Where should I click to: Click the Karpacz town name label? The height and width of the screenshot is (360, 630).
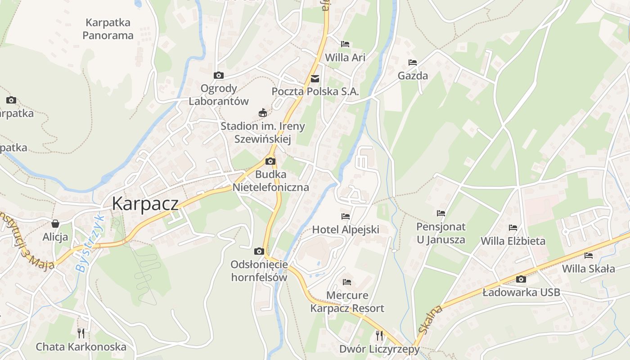pyautogui.click(x=145, y=203)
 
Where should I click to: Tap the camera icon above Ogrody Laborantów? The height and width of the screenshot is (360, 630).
pyautogui.click(x=219, y=75)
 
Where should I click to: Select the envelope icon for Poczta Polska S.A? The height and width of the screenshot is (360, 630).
pyautogui.click(x=315, y=79)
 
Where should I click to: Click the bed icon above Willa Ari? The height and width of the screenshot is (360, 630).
pyautogui.click(x=345, y=44)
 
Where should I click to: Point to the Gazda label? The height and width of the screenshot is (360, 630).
pyautogui.click(x=413, y=76)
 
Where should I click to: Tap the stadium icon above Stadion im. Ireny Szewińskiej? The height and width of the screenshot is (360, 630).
pyautogui.click(x=263, y=113)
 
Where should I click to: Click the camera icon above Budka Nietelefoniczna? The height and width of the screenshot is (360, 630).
pyautogui.click(x=270, y=162)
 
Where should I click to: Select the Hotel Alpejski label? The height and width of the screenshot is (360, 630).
pyautogui.click(x=346, y=229)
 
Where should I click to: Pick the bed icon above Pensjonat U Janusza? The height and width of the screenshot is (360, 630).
pyautogui.click(x=441, y=213)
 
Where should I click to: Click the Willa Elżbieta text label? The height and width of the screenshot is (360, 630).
pyautogui.click(x=513, y=241)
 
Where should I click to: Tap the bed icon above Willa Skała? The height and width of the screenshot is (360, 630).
pyautogui.click(x=589, y=256)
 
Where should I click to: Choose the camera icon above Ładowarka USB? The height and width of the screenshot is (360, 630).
pyautogui.click(x=521, y=279)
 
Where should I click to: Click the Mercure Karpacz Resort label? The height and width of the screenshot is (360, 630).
pyautogui.click(x=347, y=302)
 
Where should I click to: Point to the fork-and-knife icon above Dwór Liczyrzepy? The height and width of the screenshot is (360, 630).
pyautogui.click(x=379, y=335)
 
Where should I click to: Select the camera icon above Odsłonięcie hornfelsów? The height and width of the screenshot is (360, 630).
pyautogui.click(x=259, y=251)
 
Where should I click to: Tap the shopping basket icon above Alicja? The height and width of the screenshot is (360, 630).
pyautogui.click(x=55, y=223)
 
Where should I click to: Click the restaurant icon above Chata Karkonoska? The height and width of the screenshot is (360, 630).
pyautogui.click(x=81, y=333)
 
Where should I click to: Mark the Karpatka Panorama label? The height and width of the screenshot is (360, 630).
pyautogui.click(x=108, y=29)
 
